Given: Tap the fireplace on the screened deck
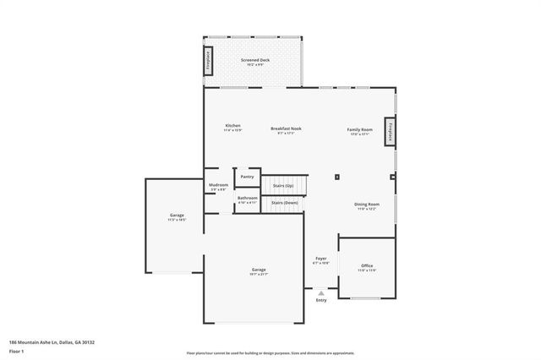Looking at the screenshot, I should (x=207, y=61).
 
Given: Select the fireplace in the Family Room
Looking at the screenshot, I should (x=390, y=133).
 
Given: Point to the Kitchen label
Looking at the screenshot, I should (x=232, y=127).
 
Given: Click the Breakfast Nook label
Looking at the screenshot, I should (x=286, y=130).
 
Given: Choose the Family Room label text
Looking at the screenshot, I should (x=359, y=130).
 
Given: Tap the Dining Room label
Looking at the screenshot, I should (x=366, y=205).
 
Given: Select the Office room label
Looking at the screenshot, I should (x=366, y=267).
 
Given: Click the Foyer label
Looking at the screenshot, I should (x=321, y=259).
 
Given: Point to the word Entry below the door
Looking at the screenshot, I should (x=321, y=300).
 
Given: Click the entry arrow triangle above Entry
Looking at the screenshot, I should (x=321, y=292).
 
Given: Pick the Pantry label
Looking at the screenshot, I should (x=247, y=177).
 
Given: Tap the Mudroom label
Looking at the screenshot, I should (x=218, y=186).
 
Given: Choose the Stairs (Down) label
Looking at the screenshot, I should (x=284, y=203).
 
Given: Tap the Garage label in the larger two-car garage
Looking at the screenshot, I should (x=259, y=270).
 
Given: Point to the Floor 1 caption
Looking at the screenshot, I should (x=16, y=350).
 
